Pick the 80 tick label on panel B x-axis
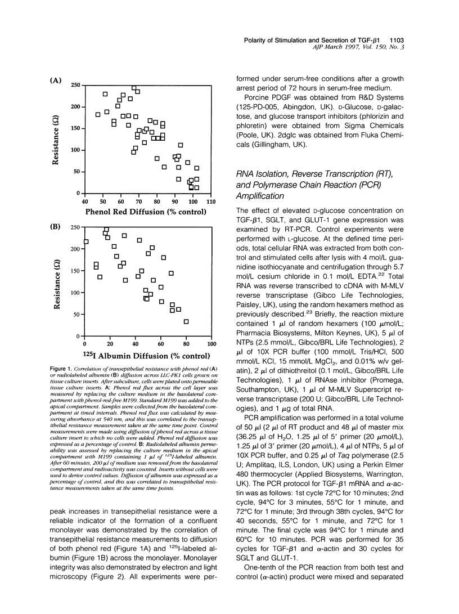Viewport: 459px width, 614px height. point(186,343)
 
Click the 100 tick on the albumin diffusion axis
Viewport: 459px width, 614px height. point(211,343)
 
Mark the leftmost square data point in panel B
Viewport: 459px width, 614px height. point(85,241)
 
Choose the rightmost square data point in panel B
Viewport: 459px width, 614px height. point(186,321)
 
